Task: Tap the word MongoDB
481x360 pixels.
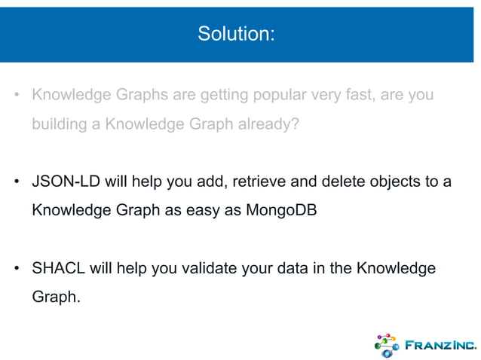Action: (281, 211)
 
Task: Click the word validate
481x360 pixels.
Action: (216, 268)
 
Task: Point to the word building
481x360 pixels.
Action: (58, 125)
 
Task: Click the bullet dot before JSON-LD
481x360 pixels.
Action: (15, 183)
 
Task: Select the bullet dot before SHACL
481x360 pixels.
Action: (15, 269)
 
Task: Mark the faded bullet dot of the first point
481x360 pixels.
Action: (15, 97)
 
